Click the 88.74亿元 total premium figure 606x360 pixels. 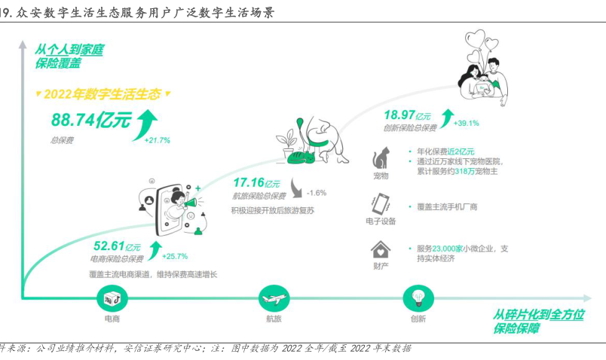(91, 120)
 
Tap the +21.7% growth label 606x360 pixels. (156, 140)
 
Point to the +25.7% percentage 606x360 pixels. (174, 255)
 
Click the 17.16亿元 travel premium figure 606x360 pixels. (256, 183)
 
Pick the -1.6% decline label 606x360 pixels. (317, 192)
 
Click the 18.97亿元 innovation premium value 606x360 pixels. (408, 115)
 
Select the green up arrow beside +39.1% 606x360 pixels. (448, 115)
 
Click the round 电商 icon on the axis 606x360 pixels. (112, 299)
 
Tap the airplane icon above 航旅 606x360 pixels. (273, 299)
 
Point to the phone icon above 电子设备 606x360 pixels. (380, 204)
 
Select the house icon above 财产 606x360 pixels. (381, 249)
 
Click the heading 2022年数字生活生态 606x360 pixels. (103, 94)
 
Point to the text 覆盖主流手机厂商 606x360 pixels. (447, 206)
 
